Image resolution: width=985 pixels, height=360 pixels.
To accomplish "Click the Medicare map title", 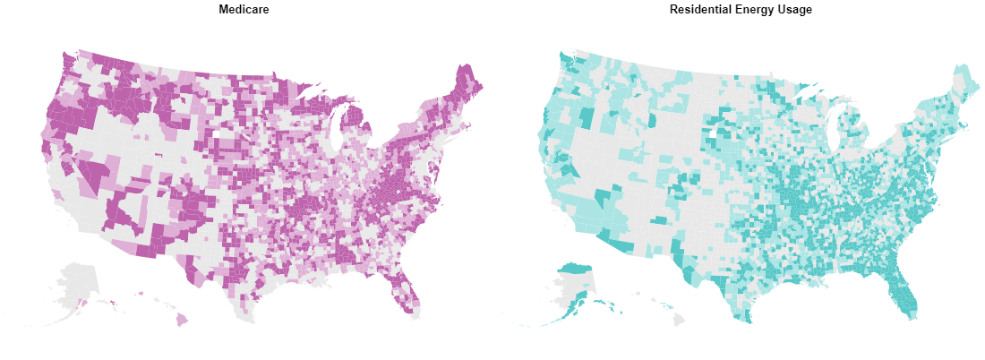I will (244, 9).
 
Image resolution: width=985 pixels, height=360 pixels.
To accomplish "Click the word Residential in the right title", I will (701, 9).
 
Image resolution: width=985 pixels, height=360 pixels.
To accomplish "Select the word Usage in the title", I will (794, 9).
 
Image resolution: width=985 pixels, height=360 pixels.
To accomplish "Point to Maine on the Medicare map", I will (467, 85).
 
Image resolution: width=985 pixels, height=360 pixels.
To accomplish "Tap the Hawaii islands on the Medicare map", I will (182, 319).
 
